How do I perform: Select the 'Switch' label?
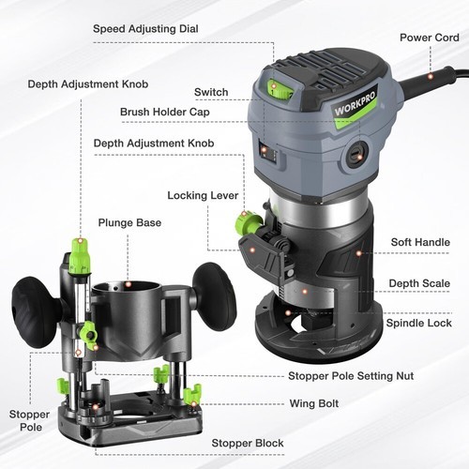(211, 92)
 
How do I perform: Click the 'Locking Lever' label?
(201, 196)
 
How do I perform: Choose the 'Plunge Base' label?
(129, 223)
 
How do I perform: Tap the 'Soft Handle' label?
(420, 242)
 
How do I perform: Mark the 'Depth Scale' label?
(419, 283)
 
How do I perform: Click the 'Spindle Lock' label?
(418, 323)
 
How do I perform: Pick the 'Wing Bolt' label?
(315, 404)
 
